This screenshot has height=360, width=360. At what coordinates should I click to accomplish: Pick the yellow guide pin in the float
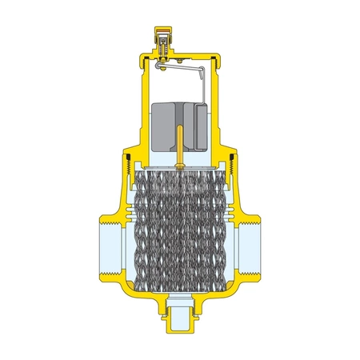click(x=180, y=144)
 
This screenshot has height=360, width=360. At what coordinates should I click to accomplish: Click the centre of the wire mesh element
click(x=180, y=232)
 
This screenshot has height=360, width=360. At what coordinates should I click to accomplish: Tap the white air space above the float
click(x=180, y=88)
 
